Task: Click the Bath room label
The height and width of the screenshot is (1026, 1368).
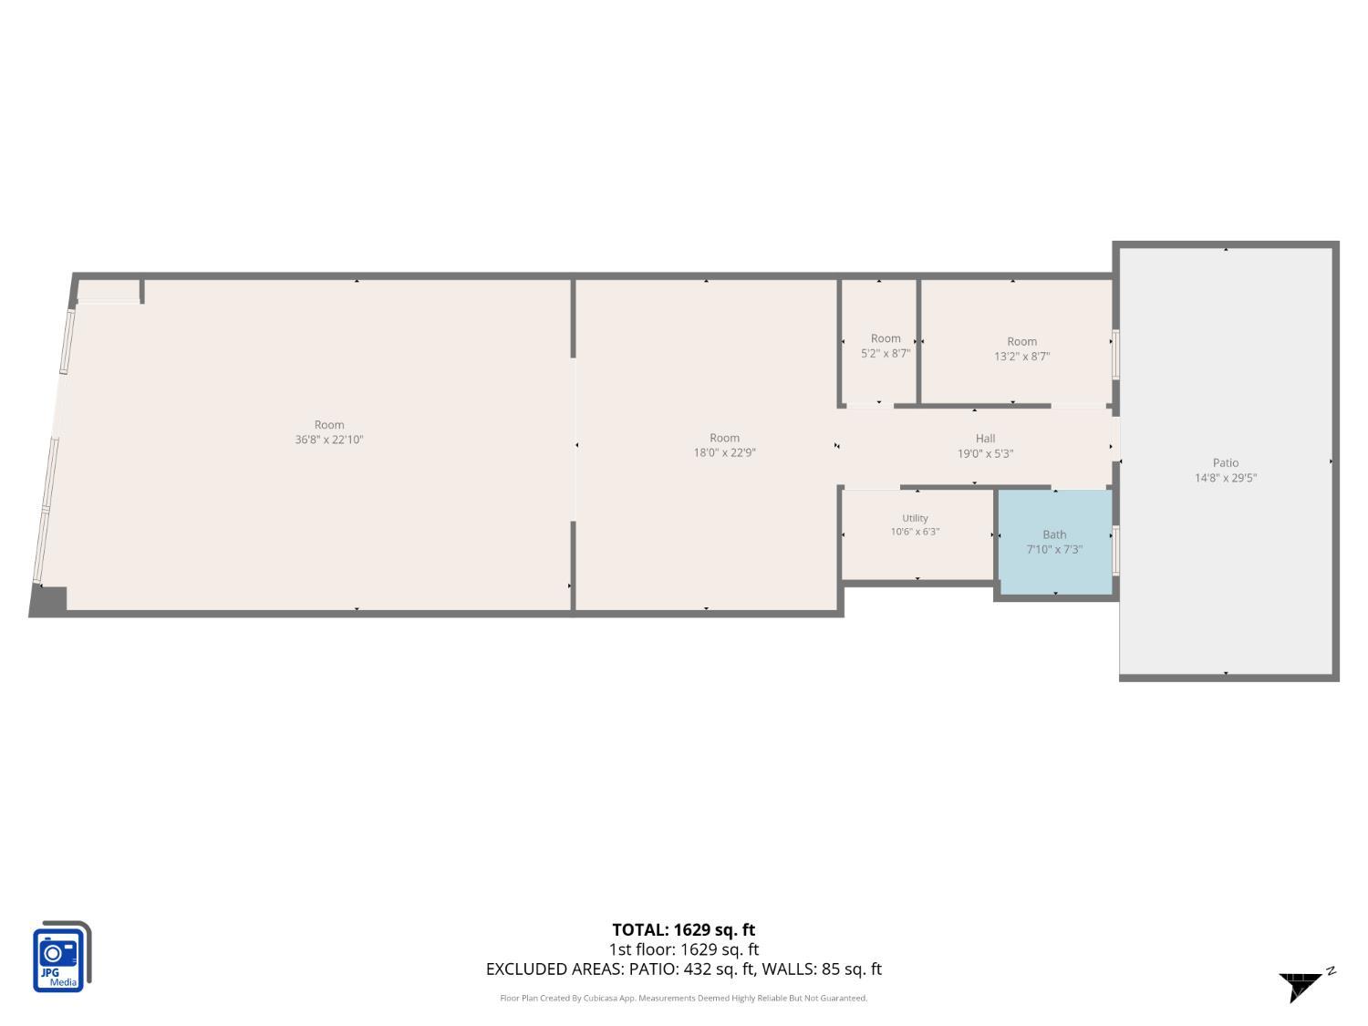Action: click(1054, 534)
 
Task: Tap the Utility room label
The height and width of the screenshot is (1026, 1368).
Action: click(915, 518)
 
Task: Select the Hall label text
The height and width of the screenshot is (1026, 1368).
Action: click(985, 439)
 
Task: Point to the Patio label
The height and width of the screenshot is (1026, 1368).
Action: click(1225, 463)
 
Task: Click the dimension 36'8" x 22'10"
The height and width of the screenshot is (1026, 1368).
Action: click(328, 440)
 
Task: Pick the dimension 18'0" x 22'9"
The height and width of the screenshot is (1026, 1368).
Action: click(724, 453)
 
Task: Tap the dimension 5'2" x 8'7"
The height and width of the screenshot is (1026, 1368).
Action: click(885, 354)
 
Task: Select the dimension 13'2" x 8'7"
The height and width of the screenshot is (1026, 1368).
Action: click(1021, 357)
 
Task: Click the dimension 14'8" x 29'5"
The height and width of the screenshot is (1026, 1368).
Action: click(1225, 478)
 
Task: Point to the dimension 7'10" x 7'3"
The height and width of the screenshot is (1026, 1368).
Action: click(1054, 549)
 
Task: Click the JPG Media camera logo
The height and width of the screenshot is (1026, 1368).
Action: click(62, 956)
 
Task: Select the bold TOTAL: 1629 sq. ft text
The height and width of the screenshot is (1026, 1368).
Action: click(683, 929)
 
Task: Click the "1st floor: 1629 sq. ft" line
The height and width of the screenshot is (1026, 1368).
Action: click(683, 949)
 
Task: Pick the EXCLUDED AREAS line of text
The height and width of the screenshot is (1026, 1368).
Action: click(683, 969)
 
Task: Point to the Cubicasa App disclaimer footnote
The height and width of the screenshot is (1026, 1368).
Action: click(683, 998)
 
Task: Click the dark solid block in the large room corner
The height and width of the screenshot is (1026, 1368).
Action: click(48, 600)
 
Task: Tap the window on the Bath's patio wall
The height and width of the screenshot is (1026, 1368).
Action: click(1115, 551)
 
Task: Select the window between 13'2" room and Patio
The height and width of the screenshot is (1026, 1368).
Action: click(1115, 355)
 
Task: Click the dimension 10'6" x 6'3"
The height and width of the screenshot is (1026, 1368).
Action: click(915, 532)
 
